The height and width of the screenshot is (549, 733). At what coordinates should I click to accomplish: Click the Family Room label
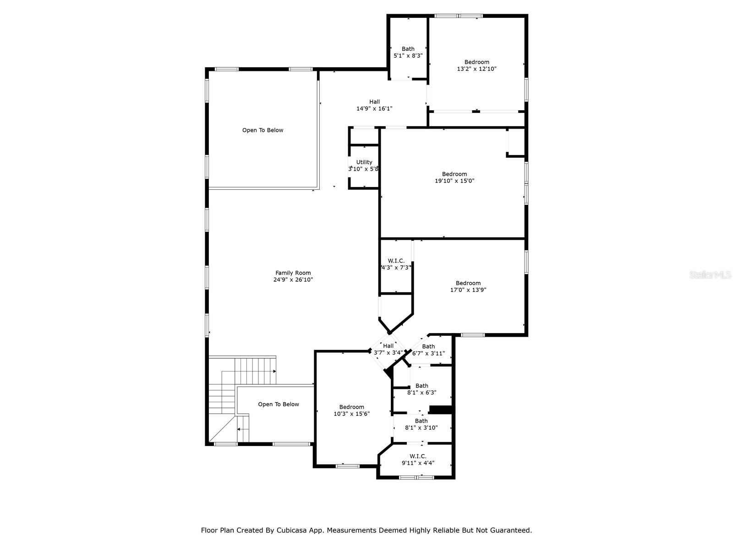(293, 273)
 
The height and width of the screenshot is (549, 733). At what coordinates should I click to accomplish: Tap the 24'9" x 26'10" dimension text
(293, 280)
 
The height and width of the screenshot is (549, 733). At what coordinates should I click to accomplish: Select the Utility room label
(364, 162)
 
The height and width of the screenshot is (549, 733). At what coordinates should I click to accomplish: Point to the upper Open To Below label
(263, 130)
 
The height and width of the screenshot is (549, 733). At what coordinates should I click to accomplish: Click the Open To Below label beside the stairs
(278, 404)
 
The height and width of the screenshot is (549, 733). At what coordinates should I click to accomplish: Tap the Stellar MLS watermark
(710, 274)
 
